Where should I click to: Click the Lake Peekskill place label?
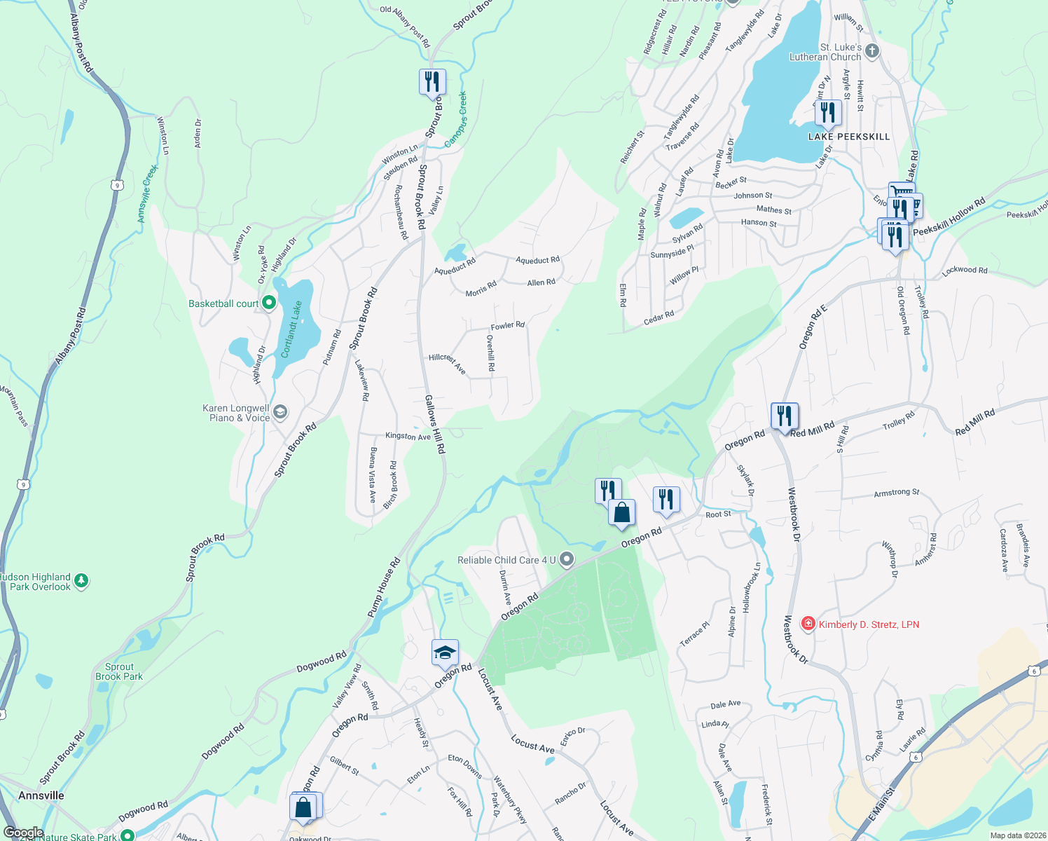point(848,137)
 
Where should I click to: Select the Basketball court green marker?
point(269,303)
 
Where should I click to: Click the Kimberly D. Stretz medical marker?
point(808,624)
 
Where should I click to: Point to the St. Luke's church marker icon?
point(871,50)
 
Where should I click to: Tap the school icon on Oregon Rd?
point(445,653)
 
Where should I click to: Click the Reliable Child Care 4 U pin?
point(567,559)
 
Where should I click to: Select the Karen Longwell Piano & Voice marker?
point(280,411)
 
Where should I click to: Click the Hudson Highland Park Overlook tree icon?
point(81,581)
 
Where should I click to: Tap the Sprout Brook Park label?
point(119,671)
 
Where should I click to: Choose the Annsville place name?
point(41,795)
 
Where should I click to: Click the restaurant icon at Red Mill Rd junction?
point(784,416)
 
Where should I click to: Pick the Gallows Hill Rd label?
point(434,423)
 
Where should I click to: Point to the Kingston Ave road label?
point(408,436)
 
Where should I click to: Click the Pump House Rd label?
point(384,587)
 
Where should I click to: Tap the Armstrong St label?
point(896,493)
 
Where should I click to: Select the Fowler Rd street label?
point(507,326)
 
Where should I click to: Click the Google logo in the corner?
point(23,833)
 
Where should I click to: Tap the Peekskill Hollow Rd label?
point(949,217)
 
